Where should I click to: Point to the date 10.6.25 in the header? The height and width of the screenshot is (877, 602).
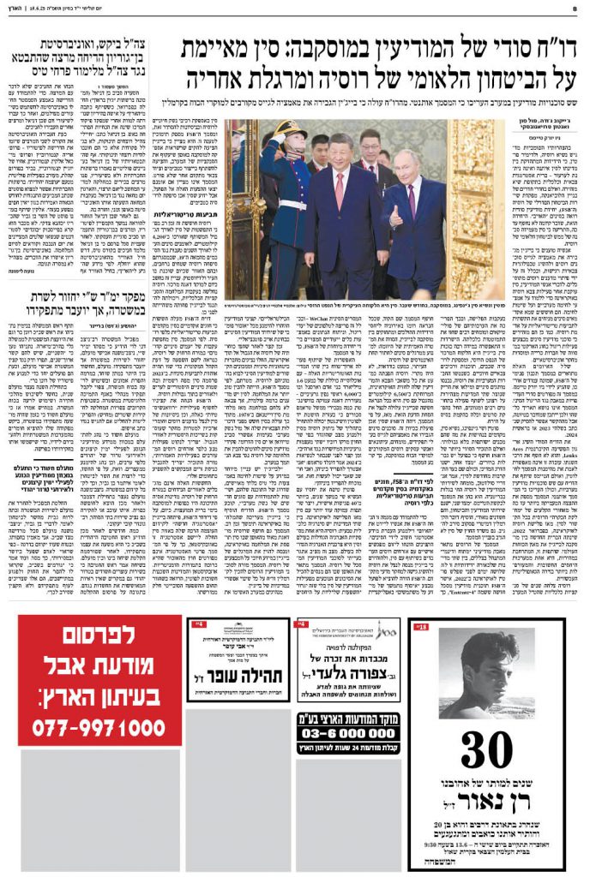(40, 9)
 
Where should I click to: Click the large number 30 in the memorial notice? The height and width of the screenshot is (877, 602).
(485, 753)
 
